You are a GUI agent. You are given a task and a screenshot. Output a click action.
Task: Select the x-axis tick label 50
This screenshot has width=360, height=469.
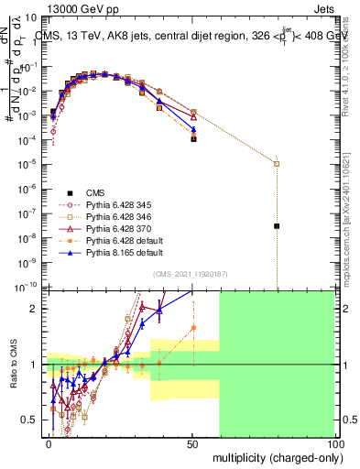click(191, 443)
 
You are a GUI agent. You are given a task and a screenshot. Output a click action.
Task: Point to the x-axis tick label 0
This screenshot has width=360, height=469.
click(49, 443)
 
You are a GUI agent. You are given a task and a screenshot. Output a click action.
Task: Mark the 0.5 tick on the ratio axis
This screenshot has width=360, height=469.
click(32, 420)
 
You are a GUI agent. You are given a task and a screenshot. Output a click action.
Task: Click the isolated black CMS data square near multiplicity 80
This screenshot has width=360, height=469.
click(277, 225)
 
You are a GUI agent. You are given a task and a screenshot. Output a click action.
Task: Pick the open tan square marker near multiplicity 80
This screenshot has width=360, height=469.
click(277, 164)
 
